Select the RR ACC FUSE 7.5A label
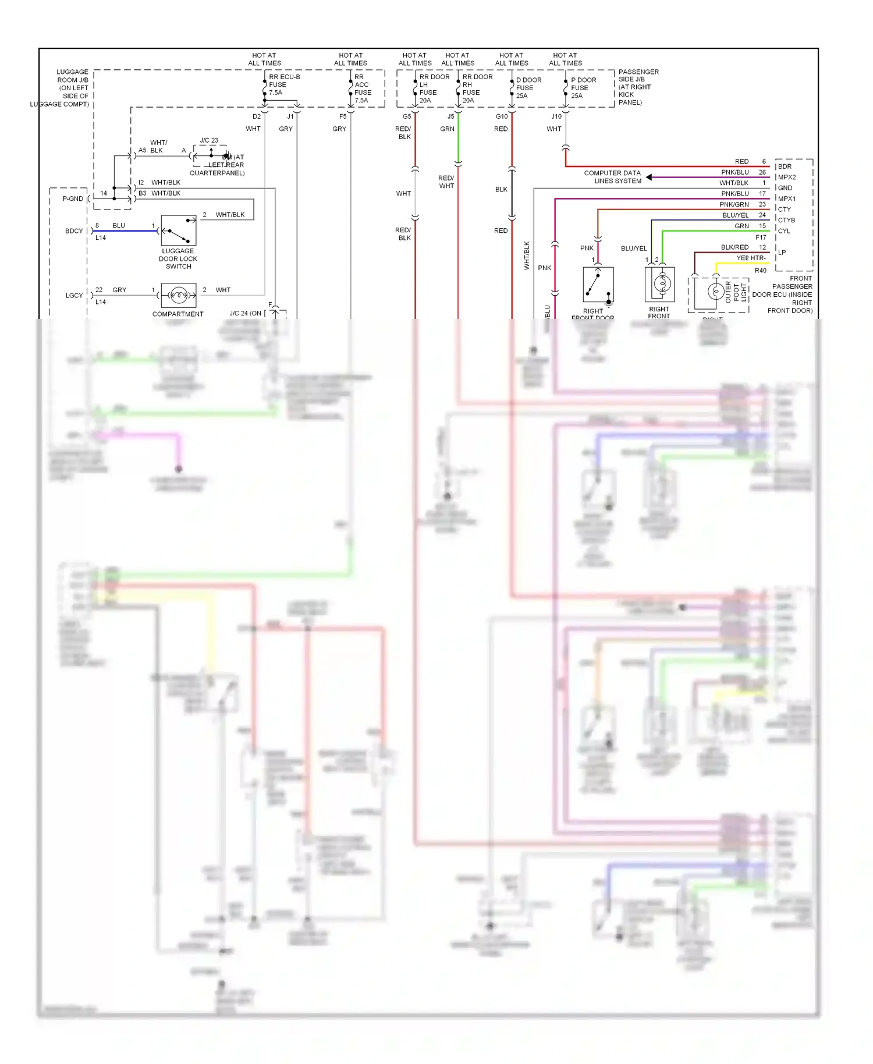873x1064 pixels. point(363,88)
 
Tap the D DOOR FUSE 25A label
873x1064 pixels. point(528,88)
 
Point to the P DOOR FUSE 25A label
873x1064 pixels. point(583,88)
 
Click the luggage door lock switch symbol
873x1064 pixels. point(179,230)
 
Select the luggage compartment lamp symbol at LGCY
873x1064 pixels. point(179,296)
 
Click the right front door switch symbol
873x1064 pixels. point(598,285)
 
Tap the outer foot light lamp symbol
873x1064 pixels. point(715,291)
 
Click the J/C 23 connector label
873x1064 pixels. point(209,140)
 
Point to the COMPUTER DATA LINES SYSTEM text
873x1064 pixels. point(612,177)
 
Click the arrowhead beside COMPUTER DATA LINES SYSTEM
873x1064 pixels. point(649,177)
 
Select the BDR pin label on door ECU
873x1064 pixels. point(785,166)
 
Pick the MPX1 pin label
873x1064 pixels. point(786,198)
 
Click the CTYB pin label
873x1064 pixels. point(786,220)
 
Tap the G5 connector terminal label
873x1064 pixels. point(407,116)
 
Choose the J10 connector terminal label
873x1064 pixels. point(556,116)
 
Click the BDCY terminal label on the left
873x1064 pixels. point(74,231)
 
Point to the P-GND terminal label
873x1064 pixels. point(73,199)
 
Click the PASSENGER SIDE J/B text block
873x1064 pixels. point(638,87)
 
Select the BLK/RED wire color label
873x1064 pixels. point(734,247)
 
